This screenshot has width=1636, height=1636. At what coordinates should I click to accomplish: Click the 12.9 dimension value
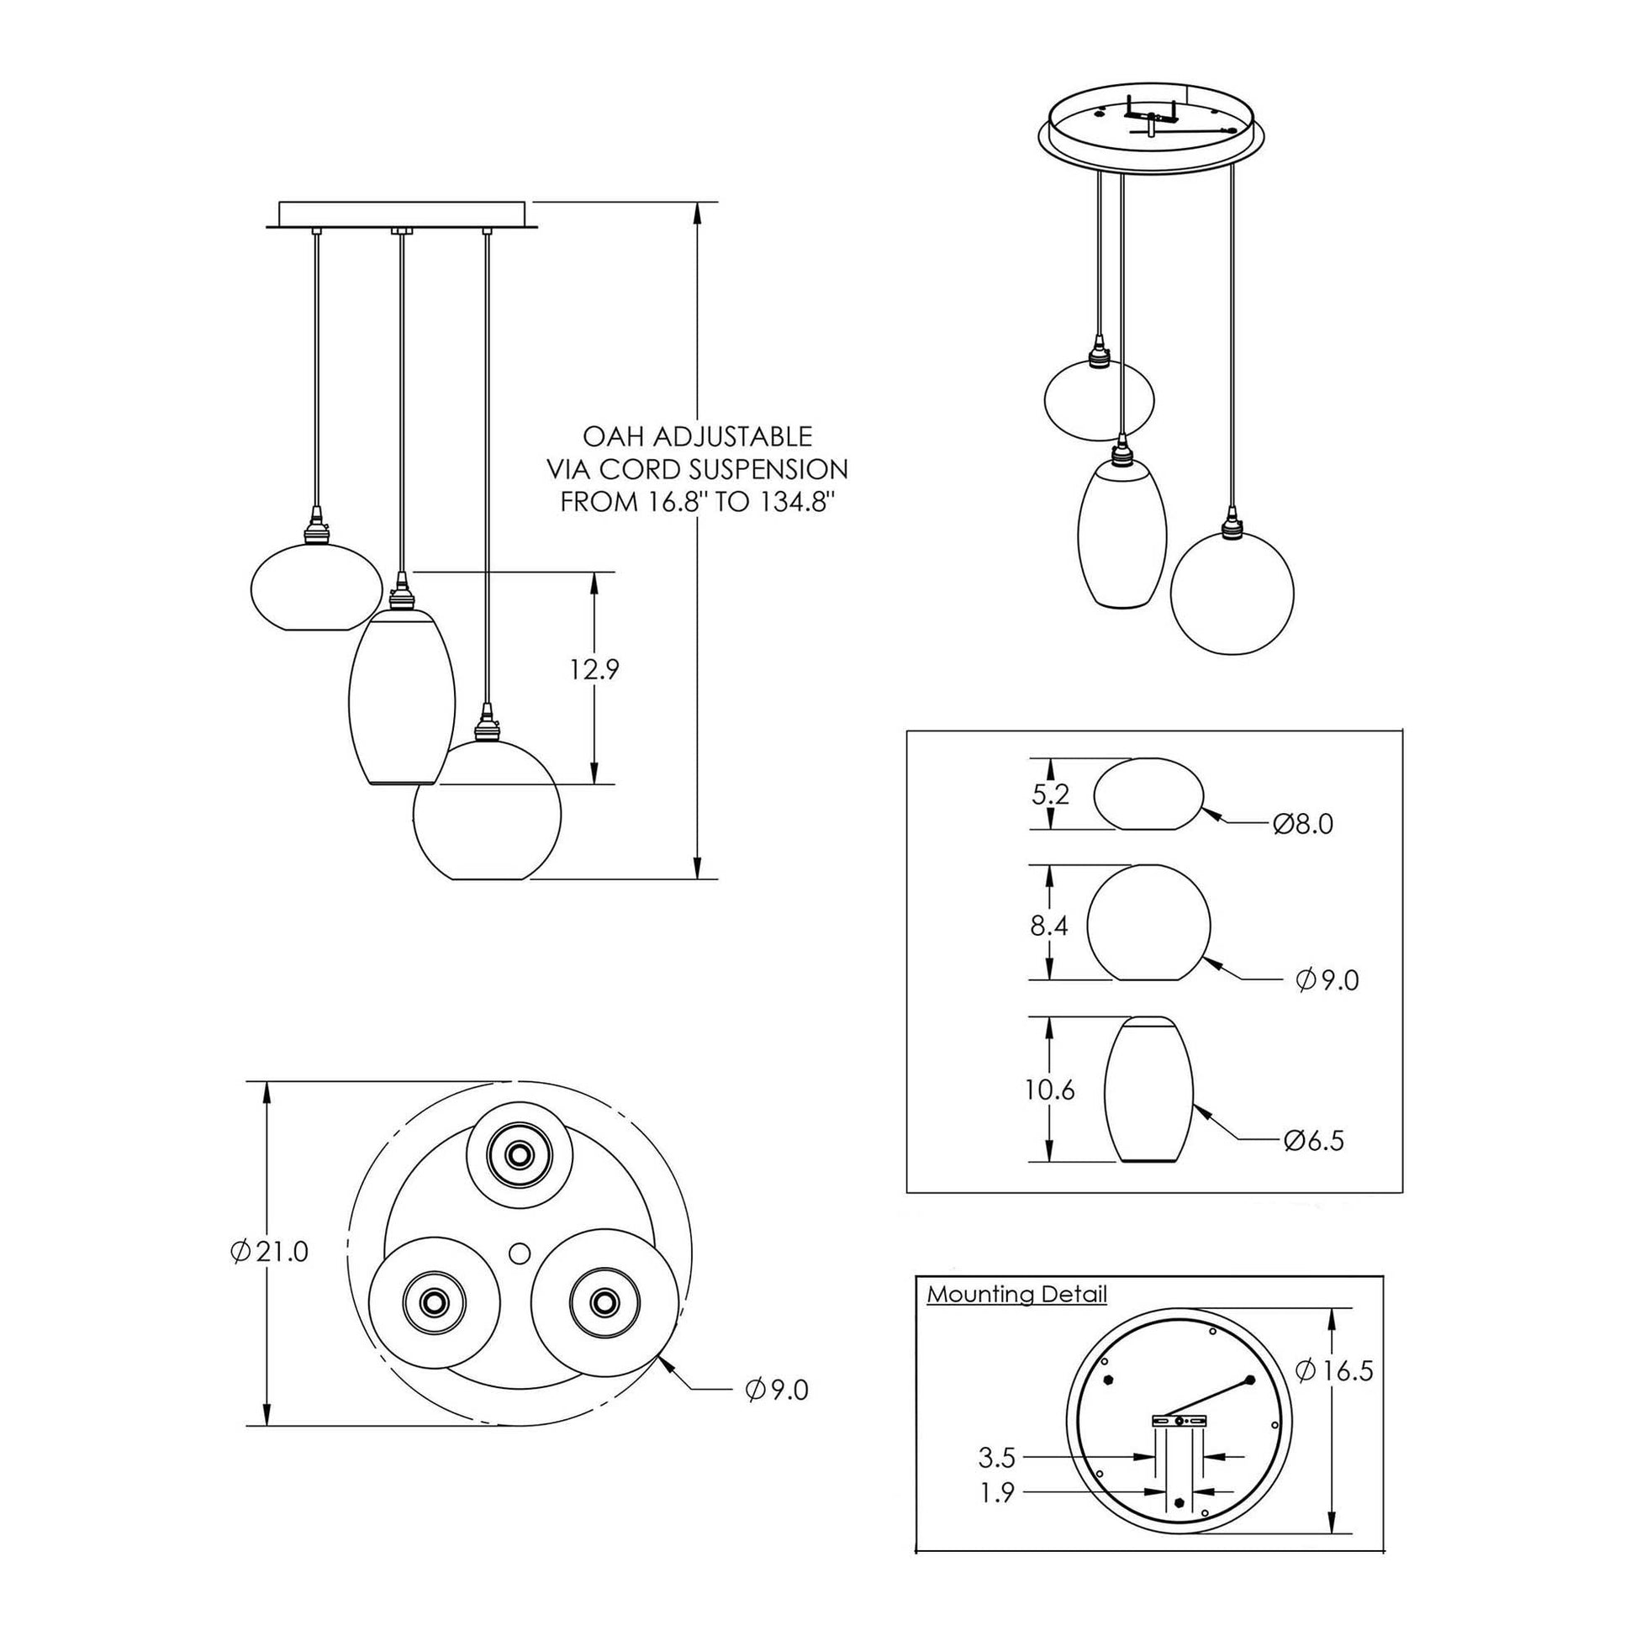click(x=594, y=670)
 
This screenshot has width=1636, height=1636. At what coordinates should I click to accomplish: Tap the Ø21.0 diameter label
click(x=268, y=1251)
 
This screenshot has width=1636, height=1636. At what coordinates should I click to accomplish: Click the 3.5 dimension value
click(x=996, y=1457)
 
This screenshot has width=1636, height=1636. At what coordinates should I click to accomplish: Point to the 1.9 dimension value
click(x=997, y=1493)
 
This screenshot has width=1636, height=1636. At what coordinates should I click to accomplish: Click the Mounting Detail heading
click(x=1016, y=1294)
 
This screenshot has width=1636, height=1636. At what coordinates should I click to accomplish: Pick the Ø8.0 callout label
click(x=1302, y=823)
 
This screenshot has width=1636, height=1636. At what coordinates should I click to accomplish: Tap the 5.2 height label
click(x=1051, y=794)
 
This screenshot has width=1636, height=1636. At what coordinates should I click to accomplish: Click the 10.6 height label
click(x=1049, y=1090)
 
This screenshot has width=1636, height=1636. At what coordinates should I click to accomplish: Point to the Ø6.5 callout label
click(x=1313, y=1142)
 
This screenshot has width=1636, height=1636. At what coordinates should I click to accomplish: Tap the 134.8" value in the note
click(x=788, y=502)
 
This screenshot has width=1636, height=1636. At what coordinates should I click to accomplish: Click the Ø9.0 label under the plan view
click(x=777, y=1390)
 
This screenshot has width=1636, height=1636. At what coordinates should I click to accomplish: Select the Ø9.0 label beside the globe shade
click(x=1327, y=979)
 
